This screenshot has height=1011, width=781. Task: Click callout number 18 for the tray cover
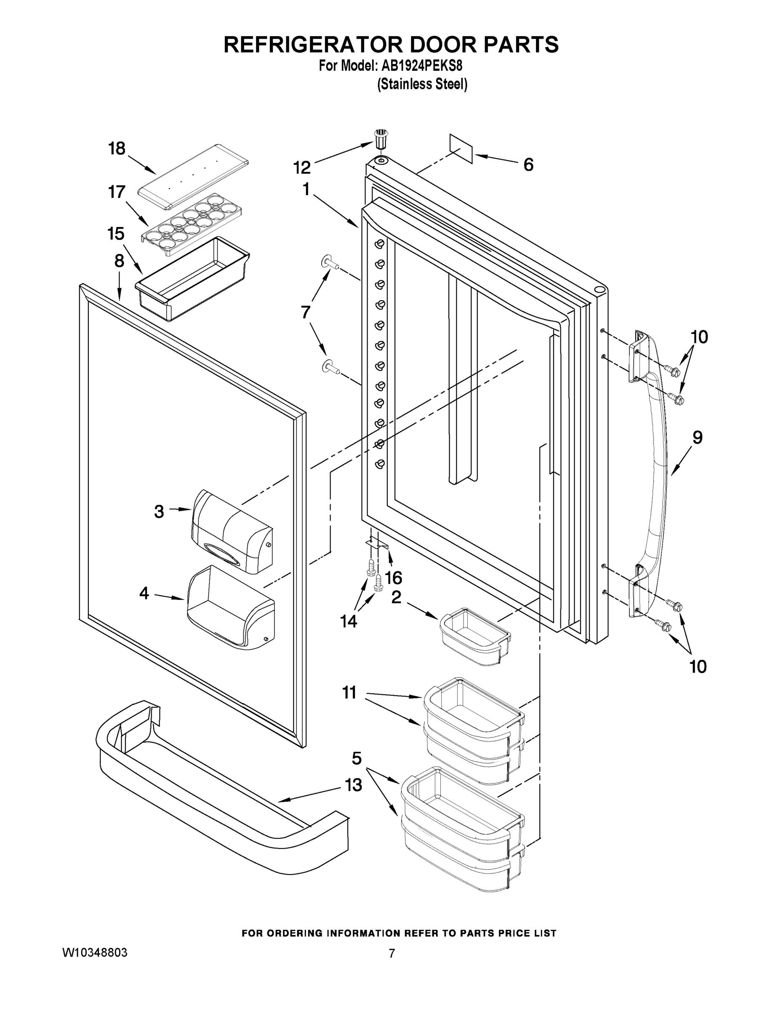click(x=117, y=149)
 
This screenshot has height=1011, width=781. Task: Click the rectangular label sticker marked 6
click(x=461, y=149)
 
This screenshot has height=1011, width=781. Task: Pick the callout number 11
click(x=349, y=693)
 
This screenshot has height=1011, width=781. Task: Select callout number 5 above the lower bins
click(x=356, y=758)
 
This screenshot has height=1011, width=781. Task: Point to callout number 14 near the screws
click(x=348, y=621)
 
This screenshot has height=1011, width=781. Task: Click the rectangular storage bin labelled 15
click(x=192, y=280)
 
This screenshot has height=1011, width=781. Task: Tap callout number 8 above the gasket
click(x=120, y=261)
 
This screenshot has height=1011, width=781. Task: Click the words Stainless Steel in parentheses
click(x=422, y=84)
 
